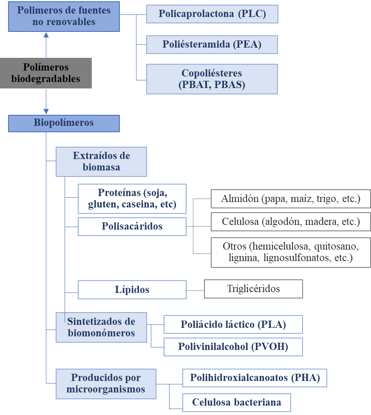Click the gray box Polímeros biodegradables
(45, 73)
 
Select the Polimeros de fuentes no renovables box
(64, 16)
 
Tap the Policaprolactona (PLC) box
(212, 14)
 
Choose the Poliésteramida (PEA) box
(212, 44)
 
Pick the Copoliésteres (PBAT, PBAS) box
(212, 79)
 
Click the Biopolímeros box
(64, 123)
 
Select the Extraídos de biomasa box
(101, 162)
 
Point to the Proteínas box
(132, 199)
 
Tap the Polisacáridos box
(132, 226)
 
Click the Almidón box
(291, 199)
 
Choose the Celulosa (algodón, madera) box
(291, 222)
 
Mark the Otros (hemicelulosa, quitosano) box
(291, 252)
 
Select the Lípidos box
(132, 290)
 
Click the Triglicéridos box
(253, 289)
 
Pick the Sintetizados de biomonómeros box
(101, 327)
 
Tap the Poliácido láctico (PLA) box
(233, 324)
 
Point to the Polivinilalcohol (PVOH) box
(233, 347)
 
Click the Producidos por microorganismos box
(106, 384)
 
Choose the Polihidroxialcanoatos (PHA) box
(255, 378)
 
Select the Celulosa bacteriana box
(237, 402)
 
